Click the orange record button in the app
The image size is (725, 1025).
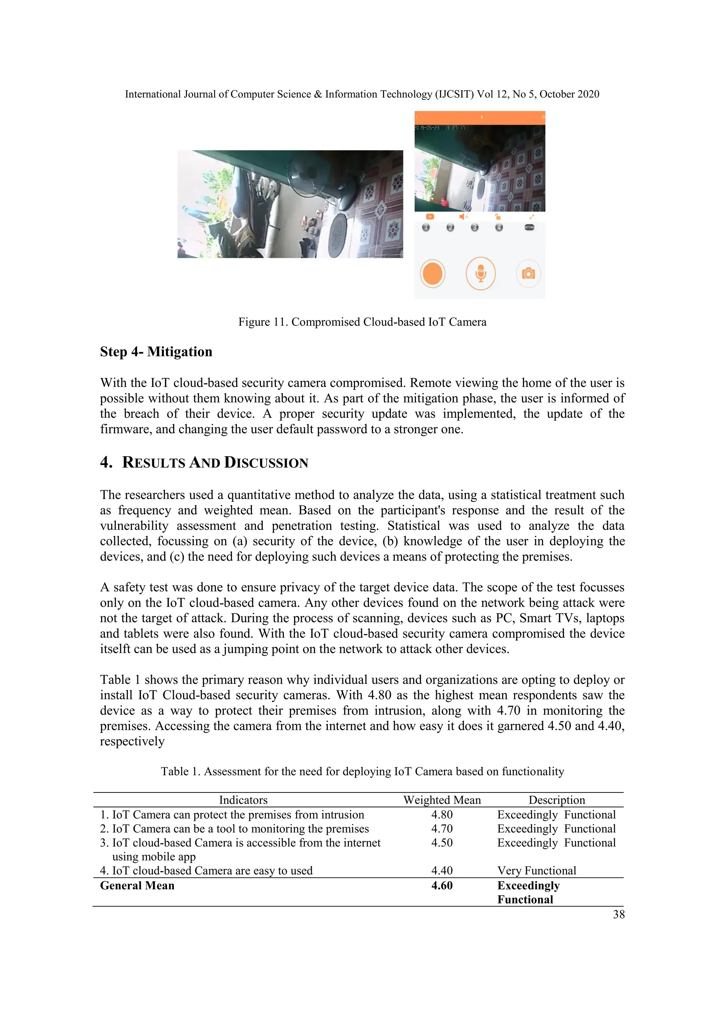[x=432, y=273]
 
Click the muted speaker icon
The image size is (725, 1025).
[x=463, y=217]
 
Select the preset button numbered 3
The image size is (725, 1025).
[x=475, y=227]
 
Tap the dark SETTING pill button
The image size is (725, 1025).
[x=529, y=227]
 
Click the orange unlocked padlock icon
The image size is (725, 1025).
[x=497, y=217]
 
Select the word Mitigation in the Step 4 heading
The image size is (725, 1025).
[x=179, y=352]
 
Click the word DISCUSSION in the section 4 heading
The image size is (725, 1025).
[x=266, y=463]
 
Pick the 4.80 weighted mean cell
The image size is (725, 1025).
[x=441, y=815]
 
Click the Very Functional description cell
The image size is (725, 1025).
[x=536, y=871]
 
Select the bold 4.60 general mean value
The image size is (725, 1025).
[x=441, y=886]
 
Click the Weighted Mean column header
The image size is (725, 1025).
[x=441, y=800]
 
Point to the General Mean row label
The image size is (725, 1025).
[x=137, y=886]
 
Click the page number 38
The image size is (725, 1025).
[x=618, y=914]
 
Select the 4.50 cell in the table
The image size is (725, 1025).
[x=441, y=843]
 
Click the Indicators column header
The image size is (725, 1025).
[x=243, y=800]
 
